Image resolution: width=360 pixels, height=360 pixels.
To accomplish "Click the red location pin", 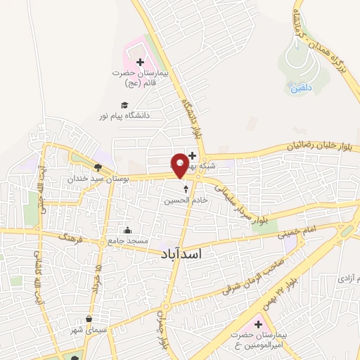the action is point(180,165).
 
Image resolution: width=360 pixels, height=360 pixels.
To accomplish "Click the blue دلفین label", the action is point(297,89).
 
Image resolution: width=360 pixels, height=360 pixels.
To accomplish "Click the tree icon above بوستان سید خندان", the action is point(98,167).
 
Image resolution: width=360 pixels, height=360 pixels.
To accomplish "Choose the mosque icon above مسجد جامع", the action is point(127,231).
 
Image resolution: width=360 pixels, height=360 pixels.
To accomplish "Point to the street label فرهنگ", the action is point(72,238).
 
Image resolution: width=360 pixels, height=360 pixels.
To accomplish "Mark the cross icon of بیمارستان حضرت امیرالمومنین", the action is point(257,325).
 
